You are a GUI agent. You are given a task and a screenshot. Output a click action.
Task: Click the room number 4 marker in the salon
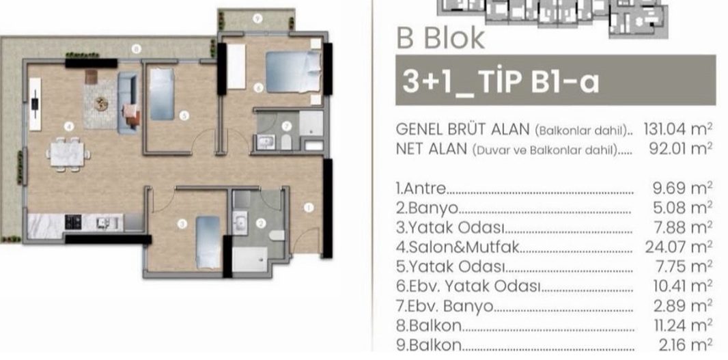tap(69, 126)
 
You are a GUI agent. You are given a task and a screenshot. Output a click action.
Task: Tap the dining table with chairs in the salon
tap(68, 154)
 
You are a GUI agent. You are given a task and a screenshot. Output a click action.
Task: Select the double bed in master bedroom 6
tap(294, 72)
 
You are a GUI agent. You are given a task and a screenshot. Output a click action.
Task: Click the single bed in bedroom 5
tap(162, 94)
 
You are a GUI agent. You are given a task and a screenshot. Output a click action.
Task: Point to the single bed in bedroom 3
tap(208, 242)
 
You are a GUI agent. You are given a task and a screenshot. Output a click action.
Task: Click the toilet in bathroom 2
tap(277, 235)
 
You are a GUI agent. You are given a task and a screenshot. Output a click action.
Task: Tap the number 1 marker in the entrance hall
tap(309, 208)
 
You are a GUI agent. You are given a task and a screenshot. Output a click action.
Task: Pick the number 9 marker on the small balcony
tap(258, 19)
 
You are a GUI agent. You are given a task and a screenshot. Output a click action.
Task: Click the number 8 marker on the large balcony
tap(136, 49)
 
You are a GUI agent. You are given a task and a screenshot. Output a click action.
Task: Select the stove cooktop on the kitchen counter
tap(73, 222)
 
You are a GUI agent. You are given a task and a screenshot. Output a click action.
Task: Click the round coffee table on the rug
tap(101, 104)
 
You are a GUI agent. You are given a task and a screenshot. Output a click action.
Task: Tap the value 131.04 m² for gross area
tap(678, 129)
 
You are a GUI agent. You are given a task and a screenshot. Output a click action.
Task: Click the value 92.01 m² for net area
tap(681, 149)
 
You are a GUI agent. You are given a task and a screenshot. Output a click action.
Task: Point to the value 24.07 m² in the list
tap(679, 247)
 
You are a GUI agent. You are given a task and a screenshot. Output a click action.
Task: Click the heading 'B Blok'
tap(440, 38)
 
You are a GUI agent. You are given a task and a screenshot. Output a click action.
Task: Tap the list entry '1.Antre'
tap(421, 189)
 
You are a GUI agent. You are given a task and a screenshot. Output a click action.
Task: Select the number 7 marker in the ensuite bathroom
tap(286, 126)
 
